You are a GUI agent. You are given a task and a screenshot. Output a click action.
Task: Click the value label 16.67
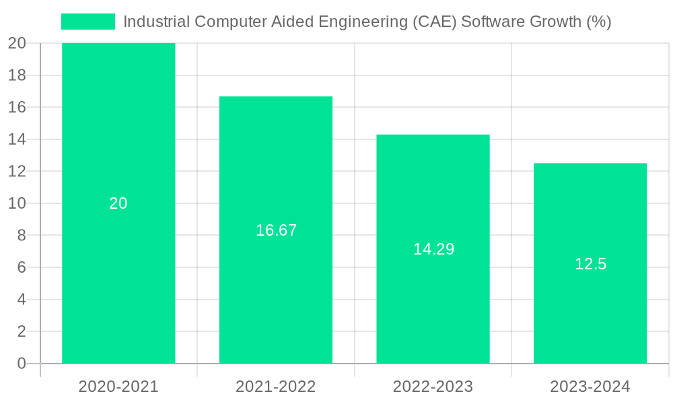[276, 230]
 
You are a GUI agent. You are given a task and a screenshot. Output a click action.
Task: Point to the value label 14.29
[433, 249]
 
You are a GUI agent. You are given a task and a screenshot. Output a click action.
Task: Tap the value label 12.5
[590, 264]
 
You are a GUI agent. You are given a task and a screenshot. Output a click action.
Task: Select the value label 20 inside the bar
[118, 203]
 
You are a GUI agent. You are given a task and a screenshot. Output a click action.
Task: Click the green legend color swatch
[88, 22]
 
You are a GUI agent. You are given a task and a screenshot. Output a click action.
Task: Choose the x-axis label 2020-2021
[118, 386]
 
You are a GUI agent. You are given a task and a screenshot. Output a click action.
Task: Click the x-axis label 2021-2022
[276, 386]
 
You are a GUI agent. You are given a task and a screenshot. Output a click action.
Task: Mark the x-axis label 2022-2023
[433, 386]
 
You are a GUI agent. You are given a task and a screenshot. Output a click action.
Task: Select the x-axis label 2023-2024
[590, 386]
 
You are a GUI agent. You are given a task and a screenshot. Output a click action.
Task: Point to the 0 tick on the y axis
[21, 364]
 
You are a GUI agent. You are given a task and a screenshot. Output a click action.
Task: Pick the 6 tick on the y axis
[21, 267]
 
